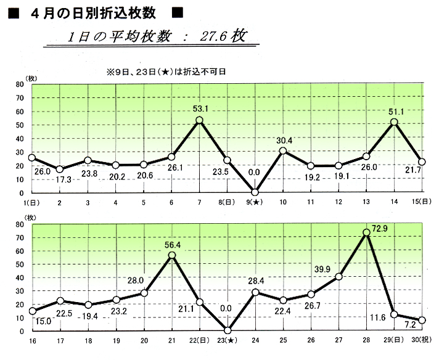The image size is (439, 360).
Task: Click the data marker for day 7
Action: click(x=199, y=120)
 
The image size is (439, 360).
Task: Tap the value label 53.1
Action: click(x=200, y=108)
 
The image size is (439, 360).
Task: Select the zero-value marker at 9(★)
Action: click(x=255, y=192)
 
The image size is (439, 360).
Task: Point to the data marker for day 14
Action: click(x=394, y=122)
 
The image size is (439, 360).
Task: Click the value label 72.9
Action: click(x=380, y=229)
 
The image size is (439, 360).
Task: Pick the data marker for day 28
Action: click(x=366, y=232)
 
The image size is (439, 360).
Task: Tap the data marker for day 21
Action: click(x=172, y=255)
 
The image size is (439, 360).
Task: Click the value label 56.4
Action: click(x=173, y=245)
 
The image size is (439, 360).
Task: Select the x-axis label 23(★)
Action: click(x=228, y=340)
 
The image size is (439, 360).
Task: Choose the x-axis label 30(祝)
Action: click(x=421, y=340)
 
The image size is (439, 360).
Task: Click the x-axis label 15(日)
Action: click(x=421, y=202)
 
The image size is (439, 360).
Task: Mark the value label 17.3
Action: click(x=64, y=179)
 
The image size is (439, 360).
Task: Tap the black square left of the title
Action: click(x=14, y=13)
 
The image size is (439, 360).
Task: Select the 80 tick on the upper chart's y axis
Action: click(x=20, y=84)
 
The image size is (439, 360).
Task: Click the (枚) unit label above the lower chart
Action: click(x=31, y=218)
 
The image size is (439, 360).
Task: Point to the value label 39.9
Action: click(x=322, y=269)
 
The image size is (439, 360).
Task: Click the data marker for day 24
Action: click(x=255, y=292)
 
